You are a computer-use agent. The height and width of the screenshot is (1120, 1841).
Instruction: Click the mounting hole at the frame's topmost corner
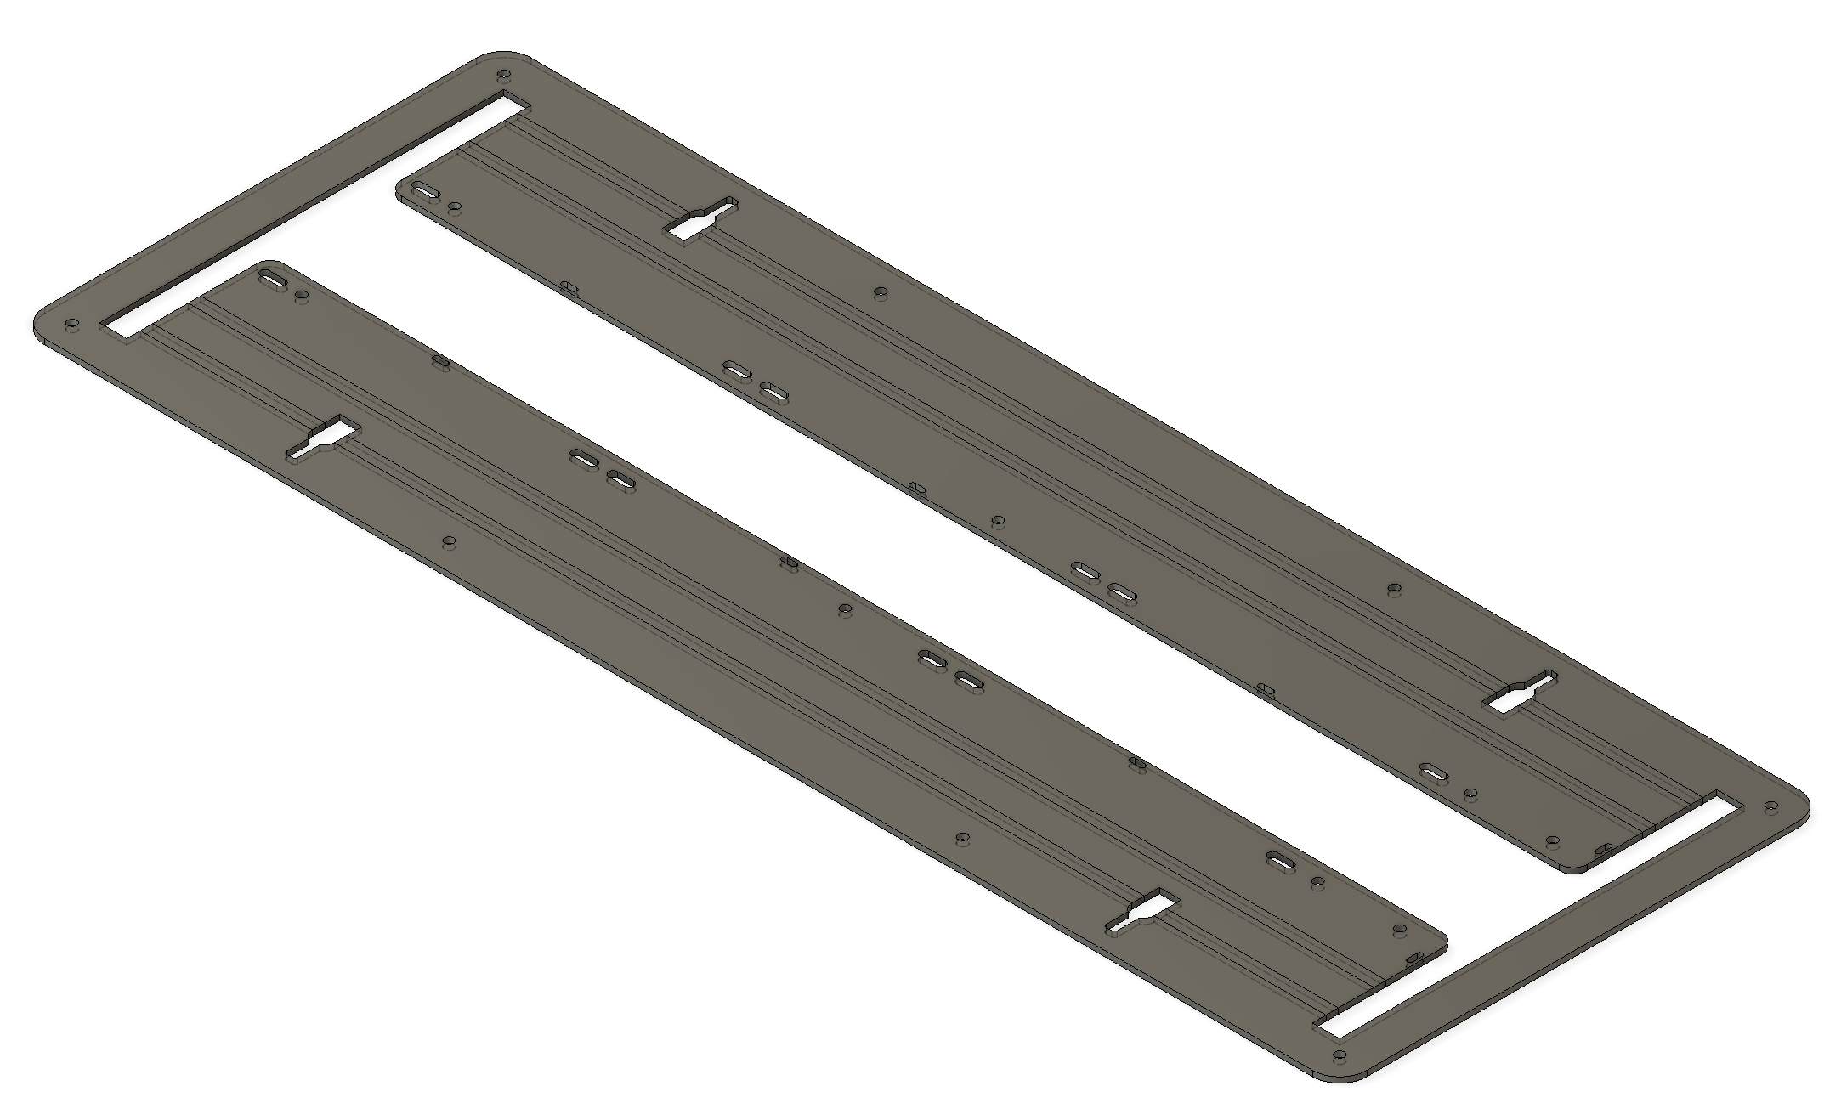(503, 74)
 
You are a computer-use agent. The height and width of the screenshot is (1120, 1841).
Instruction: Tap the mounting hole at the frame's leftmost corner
(72, 325)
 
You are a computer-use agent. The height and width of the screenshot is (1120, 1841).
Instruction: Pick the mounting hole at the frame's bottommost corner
(1340, 1057)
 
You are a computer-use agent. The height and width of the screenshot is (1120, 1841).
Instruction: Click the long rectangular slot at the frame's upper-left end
(314, 217)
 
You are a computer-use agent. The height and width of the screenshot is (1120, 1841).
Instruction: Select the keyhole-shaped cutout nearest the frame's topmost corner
(701, 221)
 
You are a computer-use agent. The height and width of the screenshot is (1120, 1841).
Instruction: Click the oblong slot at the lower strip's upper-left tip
(273, 279)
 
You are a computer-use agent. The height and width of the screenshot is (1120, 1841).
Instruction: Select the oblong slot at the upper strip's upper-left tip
(425, 192)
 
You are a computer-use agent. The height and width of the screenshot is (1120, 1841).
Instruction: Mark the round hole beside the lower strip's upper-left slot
(302, 295)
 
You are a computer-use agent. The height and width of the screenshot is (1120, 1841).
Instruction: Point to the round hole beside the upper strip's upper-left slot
(455, 206)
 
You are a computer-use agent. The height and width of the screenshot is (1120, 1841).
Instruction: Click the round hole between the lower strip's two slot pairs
(844, 609)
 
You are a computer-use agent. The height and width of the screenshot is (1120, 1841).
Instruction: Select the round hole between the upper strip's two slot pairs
(998, 520)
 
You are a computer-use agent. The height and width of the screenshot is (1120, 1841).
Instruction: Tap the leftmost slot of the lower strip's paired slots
(584, 459)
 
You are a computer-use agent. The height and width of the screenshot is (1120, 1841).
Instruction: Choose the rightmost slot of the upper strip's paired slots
(1122, 591)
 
